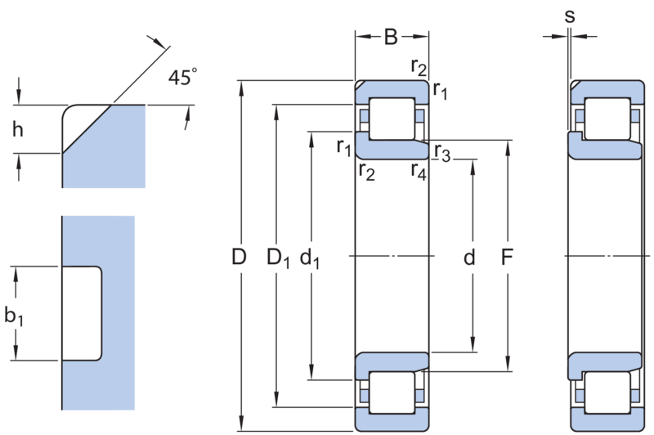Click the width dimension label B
point(391,37)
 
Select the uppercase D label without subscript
point(239,257)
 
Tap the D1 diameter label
point(278,258)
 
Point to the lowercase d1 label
point(310,258)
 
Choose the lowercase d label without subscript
point(469,257)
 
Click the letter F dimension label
point(506,257)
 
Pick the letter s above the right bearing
point(569,16)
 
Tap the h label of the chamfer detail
point(17,129)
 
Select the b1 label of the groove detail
point(14,316)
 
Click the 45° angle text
point(182,77)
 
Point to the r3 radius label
point(442,153)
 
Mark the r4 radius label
point(419,172)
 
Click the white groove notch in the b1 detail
point(82,313)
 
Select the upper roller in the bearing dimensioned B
point(392,119)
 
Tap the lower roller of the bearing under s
point(607,392)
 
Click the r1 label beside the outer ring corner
point(440,90)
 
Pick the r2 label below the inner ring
point(366,172)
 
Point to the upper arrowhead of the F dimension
point(508,147)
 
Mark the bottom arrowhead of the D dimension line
point(242,424)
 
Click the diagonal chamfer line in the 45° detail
point(87,129)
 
